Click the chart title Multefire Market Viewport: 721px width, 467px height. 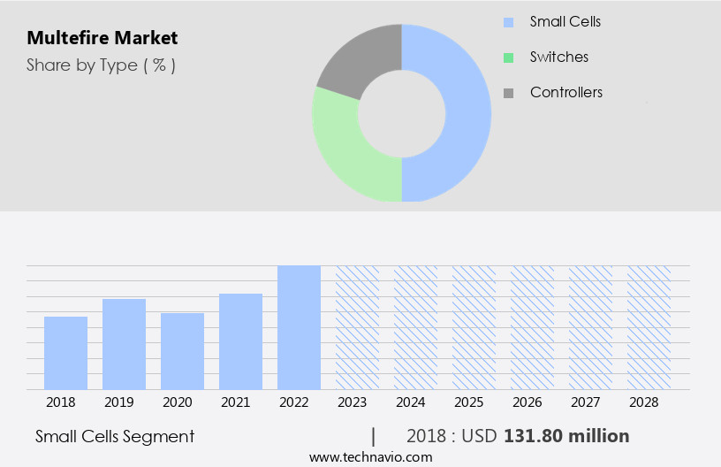coord(102,38)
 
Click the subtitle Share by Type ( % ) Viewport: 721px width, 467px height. coord(101,65)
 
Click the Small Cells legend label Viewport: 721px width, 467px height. coord(565,21)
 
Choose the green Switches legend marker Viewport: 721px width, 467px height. coord(508,57)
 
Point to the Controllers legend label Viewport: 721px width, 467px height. coord(566,92)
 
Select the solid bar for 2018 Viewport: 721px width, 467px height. coord(65,353)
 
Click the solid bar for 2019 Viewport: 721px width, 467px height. coord(124,344)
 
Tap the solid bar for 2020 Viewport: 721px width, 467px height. coord(182,351)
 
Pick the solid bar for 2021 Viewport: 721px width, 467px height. coord(240,341)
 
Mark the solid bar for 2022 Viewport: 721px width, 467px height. coord(299,327)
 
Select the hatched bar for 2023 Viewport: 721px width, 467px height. coord(357,327)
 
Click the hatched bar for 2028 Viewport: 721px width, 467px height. coord(649,327)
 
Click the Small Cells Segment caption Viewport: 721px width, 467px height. coord(115,436)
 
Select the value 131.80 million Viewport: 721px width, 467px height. coord(566,436)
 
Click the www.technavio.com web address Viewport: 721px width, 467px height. coord(371,456)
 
